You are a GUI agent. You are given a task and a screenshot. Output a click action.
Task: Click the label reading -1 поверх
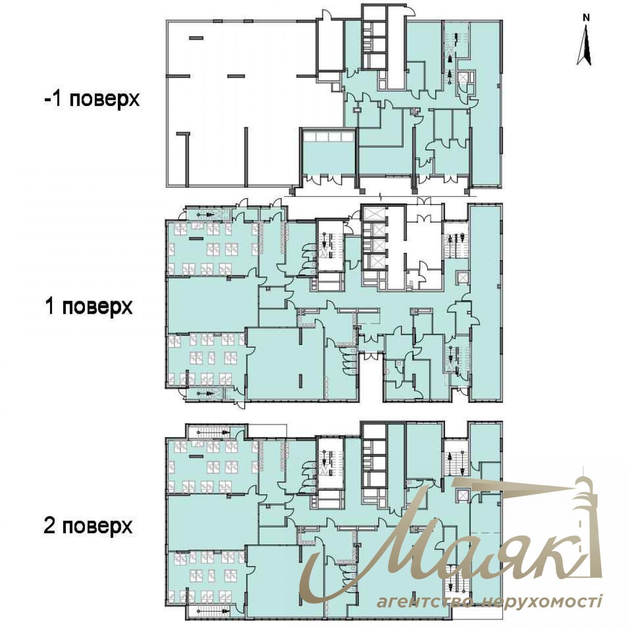coord(92,99)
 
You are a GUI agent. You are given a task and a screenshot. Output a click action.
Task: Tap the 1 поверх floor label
coord(89,307)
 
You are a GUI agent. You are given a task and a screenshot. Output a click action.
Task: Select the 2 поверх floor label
coord(88,526)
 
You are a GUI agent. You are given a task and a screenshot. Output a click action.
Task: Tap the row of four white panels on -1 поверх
coord(329,136)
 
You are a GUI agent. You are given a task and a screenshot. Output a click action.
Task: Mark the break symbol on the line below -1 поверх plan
coord(380,196)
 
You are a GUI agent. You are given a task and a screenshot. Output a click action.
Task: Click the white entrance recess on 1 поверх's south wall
coord(372,376)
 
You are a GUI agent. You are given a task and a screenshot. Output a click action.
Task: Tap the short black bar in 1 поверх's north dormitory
coord(196,238)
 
